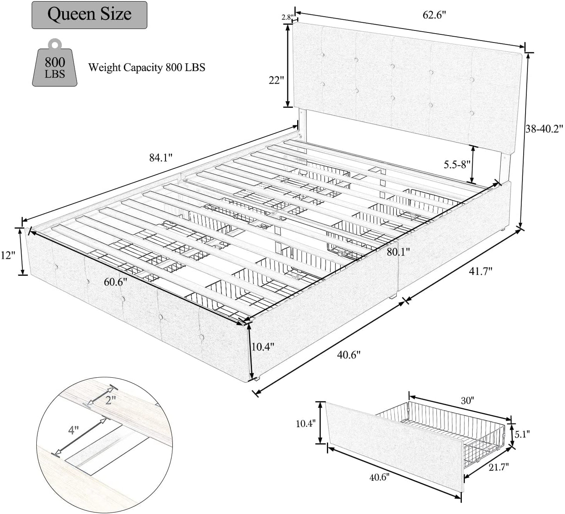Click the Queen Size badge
click(x=89, y=15)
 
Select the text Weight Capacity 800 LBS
click(x=147, y=68)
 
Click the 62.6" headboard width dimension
click(x=434, y=15)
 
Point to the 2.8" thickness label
click(x=288, y=17)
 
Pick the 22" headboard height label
click(x=276, y=80)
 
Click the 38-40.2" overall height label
click(x=544, y=129)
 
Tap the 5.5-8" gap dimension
click(x=457, y=164)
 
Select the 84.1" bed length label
click(x=161, y=158)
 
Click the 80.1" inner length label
click(x=398, y=252)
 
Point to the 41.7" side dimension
click(x=481, y=271)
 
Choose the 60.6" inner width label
click(x=115, y=282)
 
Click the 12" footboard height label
click(x=8, y=255)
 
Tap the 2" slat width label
click(x=110, y=400)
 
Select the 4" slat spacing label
click(x=74, y=430)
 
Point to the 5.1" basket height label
click(x=522, y=434)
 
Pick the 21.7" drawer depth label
click(x=499, y=467)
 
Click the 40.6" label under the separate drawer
click(x=379, y=477)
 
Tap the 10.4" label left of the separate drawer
click(x=306, y=423)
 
